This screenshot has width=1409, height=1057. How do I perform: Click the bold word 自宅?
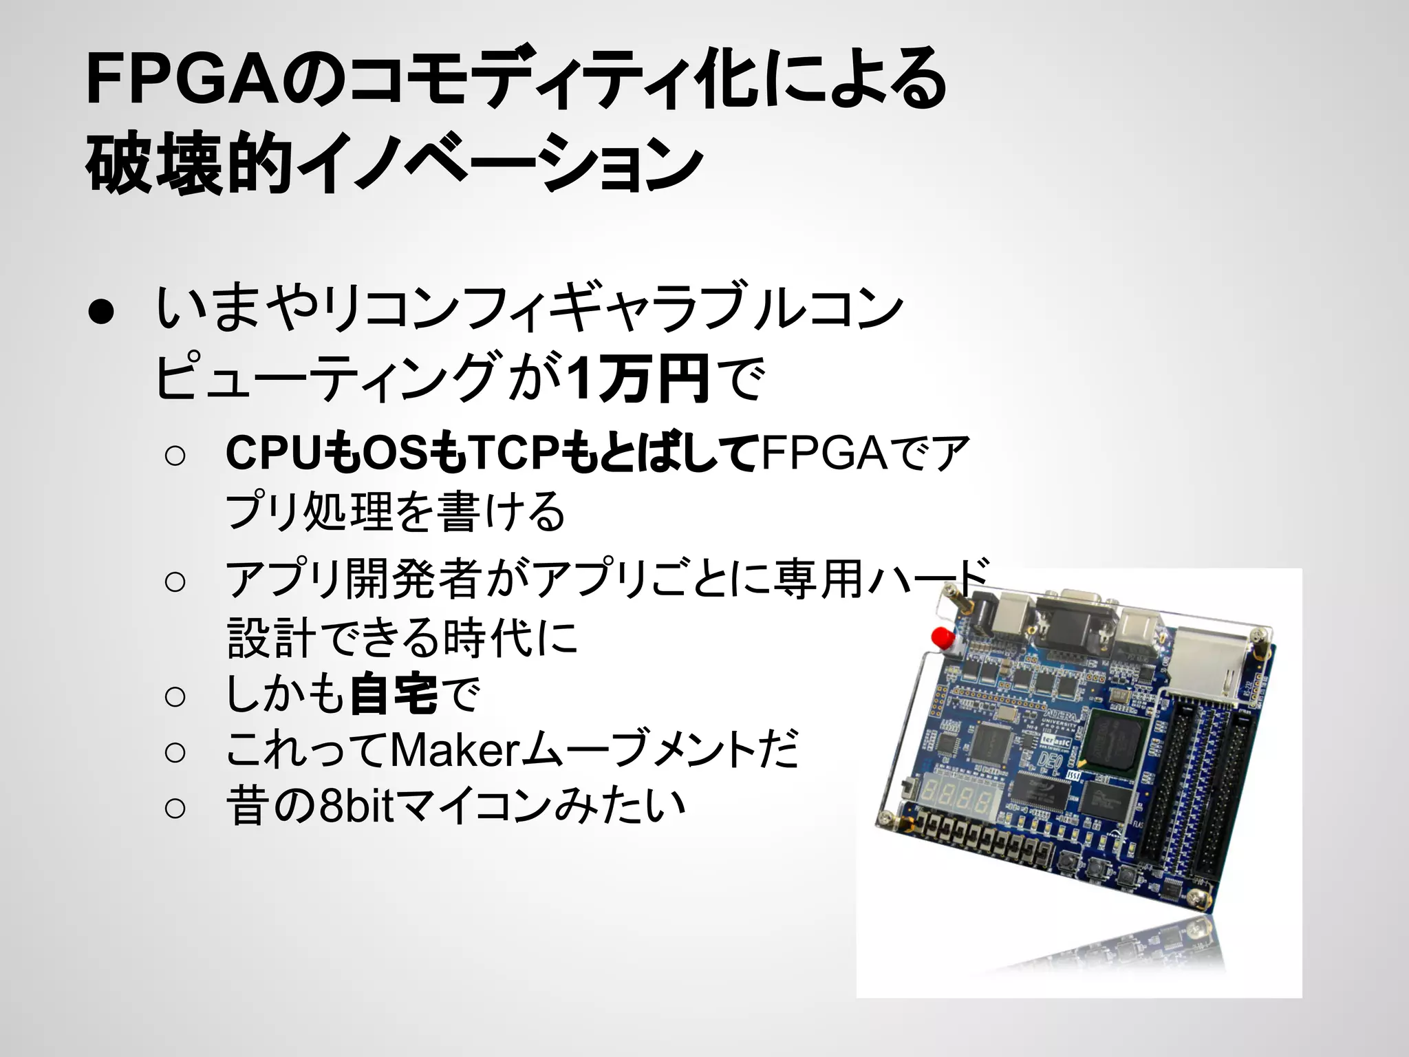[394, 694]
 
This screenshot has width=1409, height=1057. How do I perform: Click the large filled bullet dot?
[101, 312]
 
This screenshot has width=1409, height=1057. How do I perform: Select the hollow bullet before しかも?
[175, 697]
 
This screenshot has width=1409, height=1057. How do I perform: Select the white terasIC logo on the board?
[1053, 740]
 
